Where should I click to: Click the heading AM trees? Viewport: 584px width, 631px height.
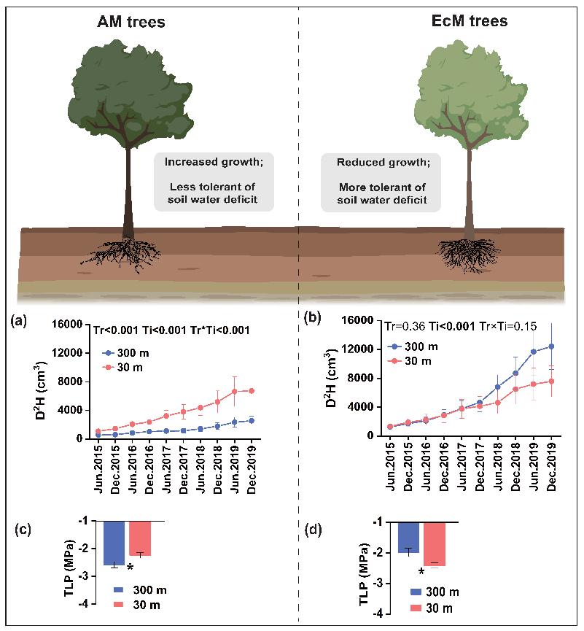pos(131,22)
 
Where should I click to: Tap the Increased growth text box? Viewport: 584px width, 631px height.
pos(212,182)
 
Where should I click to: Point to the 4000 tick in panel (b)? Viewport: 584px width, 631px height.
pos(368,407)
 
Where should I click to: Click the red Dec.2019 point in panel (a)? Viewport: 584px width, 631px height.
pos(252,391)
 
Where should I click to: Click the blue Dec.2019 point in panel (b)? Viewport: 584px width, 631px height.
pos(551,347)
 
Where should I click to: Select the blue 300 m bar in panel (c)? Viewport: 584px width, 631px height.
pos(115,543)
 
